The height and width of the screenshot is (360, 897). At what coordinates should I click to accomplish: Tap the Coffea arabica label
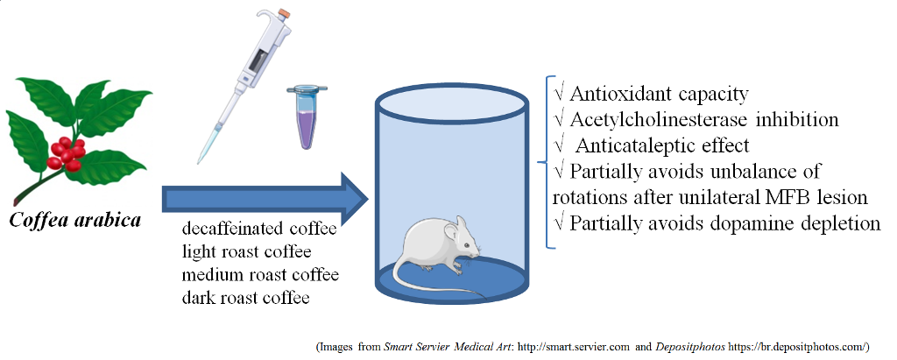point(75,219)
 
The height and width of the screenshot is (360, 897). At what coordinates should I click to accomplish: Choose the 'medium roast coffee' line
point(260,275)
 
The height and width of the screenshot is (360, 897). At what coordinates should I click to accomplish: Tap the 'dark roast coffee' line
point(246,298)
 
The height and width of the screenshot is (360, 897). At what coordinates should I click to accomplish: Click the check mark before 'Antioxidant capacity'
point(560,93)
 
